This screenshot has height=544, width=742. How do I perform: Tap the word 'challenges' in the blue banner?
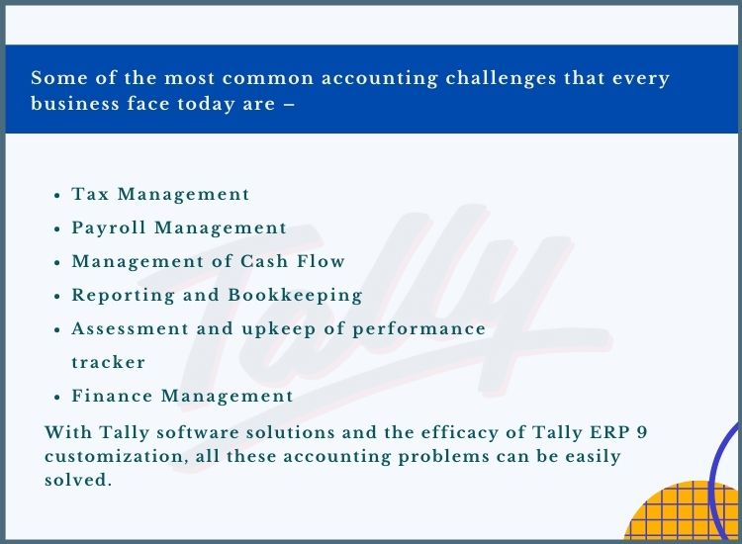[501, 78]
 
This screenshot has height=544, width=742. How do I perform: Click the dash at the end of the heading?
[289, 105]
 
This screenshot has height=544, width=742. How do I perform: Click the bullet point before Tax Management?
[57, 195]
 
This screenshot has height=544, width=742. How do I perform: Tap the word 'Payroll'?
[109, 228]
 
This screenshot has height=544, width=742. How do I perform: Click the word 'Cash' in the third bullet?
[264, 261]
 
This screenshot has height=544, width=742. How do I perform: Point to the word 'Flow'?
[321, 261]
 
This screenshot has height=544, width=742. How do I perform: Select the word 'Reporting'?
[123, 295]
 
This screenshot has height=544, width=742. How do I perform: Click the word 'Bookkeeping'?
[295, 295]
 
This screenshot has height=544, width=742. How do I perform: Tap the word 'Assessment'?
[130, 328]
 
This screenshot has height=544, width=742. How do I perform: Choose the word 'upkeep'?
[279, 329]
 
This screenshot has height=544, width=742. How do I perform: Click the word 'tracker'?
[109, 362]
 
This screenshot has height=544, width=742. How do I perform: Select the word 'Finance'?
[112, 396]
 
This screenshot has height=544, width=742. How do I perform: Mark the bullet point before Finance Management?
[57, 397]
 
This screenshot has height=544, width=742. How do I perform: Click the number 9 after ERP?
[642, 432]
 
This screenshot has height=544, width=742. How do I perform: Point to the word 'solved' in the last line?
[75, 480]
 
